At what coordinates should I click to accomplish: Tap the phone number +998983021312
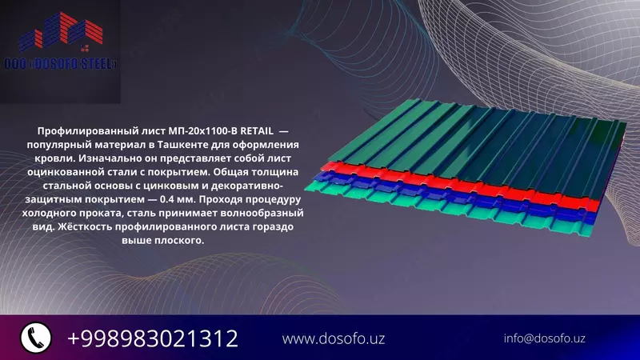pyautogui.click(x=152, y=338)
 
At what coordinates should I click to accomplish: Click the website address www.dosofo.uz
pyautogui.click(x=334, y=338)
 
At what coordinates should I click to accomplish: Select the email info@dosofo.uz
pyautogui.click(x=544, y=338)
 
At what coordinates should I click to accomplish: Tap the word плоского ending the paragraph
pyautogui.click(x=180, y=240)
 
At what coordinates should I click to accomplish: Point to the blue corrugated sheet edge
pyautogui.click(x=448, y=196)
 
